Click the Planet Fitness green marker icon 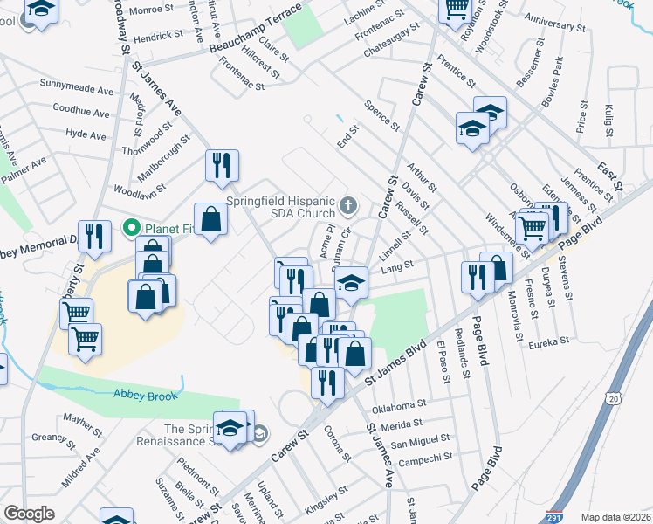coord(134,229)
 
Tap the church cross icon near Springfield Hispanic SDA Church coord(349,206)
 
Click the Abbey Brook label coord(145,396)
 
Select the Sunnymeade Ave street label coord(77,89)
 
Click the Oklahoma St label coord(399,406)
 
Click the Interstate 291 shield coord(553,516)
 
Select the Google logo coord(29,513)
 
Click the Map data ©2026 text coord(615,517)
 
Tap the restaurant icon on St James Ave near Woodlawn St coord(222,165)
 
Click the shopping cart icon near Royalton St coord(456,9)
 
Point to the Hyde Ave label coord(86,135)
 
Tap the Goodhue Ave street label coord(81,113)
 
